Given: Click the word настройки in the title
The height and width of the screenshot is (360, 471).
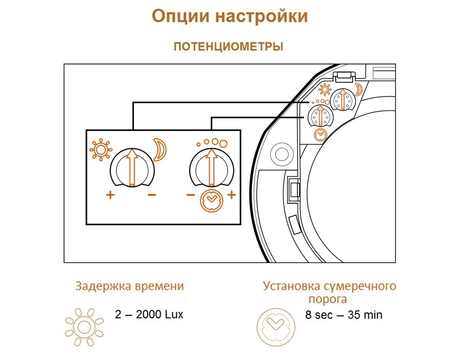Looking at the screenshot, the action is pyautogui.click(x=262, y=16).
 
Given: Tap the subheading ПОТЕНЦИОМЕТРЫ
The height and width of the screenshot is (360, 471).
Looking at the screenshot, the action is pyautogui.click(x=229, y=47).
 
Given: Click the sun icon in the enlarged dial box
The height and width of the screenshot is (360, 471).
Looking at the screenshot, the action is pyautogui.click(x=101, y=150).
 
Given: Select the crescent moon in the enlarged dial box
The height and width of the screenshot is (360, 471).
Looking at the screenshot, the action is pyautogui.click(x=159, y=149).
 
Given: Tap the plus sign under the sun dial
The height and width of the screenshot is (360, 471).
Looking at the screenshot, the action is pyautogui.click(x=110, y=195).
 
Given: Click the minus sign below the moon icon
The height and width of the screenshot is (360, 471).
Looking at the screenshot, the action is pyautogui.click(x=152, y=195).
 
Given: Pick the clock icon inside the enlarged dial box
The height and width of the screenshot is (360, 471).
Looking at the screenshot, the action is pyautogui.click(x=211, y=201).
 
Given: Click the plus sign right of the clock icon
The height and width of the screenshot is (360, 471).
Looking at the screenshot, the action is pyautogui.click(x=231, y=195).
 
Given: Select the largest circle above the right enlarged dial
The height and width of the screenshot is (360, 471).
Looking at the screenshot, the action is pyautogui.click(x=223, y=144).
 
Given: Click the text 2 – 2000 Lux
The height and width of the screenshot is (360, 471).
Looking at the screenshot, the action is pyautogui.click(x=149, y=314).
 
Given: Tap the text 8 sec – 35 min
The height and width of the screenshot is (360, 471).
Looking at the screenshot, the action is pyautogui.click(x=344, y=315).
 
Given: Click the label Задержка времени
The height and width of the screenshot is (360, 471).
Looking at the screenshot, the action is pyautogui.click(x=130, y=286).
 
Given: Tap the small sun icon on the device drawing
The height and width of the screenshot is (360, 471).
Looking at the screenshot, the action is pyautogui.click(x=325, y=89).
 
